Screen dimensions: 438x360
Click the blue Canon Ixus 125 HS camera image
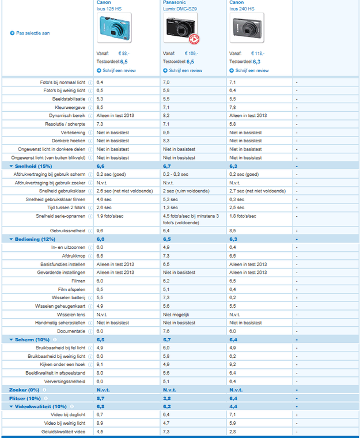point(113,28)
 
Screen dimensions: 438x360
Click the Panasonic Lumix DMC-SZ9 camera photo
point(180,29)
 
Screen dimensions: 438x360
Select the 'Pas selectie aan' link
point(33,33)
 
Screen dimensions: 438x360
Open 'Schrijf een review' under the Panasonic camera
point(185,70)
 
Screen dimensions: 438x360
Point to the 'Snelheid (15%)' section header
point(33,166)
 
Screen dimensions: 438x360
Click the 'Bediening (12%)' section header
point(35,239)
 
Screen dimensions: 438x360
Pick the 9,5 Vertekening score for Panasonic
point(166,132)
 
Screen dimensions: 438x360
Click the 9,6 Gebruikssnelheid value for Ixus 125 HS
point(100,230)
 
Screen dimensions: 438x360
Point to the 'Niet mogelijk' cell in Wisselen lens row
point(176,315)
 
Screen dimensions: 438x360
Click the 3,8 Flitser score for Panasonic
point(166,398)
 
